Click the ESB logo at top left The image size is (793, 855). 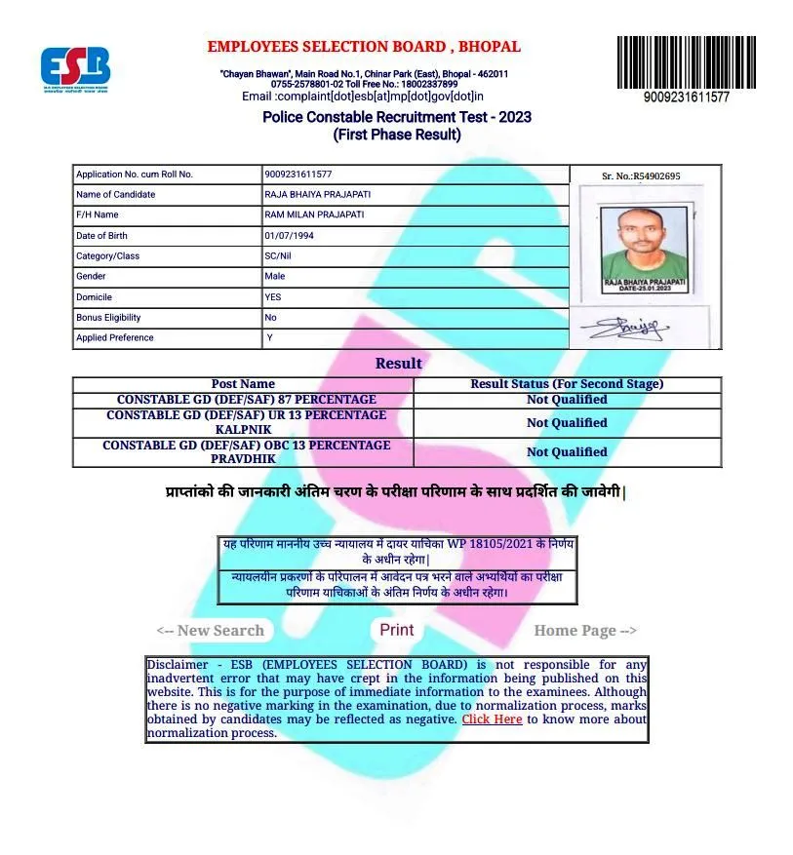pos(75,67)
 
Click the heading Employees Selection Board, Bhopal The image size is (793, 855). pos(364,47)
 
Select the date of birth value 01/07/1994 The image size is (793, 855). pos(289,236)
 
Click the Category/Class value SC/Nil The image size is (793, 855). pos(278,256)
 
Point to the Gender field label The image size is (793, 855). pos(92,277)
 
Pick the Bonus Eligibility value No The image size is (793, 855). pos(271,318)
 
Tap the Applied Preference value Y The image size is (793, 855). pos(270,338)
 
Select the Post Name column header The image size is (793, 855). pos(243,384)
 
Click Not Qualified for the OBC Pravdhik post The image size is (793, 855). pos(567,452)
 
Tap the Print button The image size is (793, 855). pos(396,630)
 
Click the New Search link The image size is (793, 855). pos(211,631)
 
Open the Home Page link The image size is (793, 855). pos(584,631)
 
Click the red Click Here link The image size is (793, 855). pos(492,719)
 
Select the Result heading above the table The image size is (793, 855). pos(399,364)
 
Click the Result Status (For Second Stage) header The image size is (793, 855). pos(567,384)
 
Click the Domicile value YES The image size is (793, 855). pos(273,297)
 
